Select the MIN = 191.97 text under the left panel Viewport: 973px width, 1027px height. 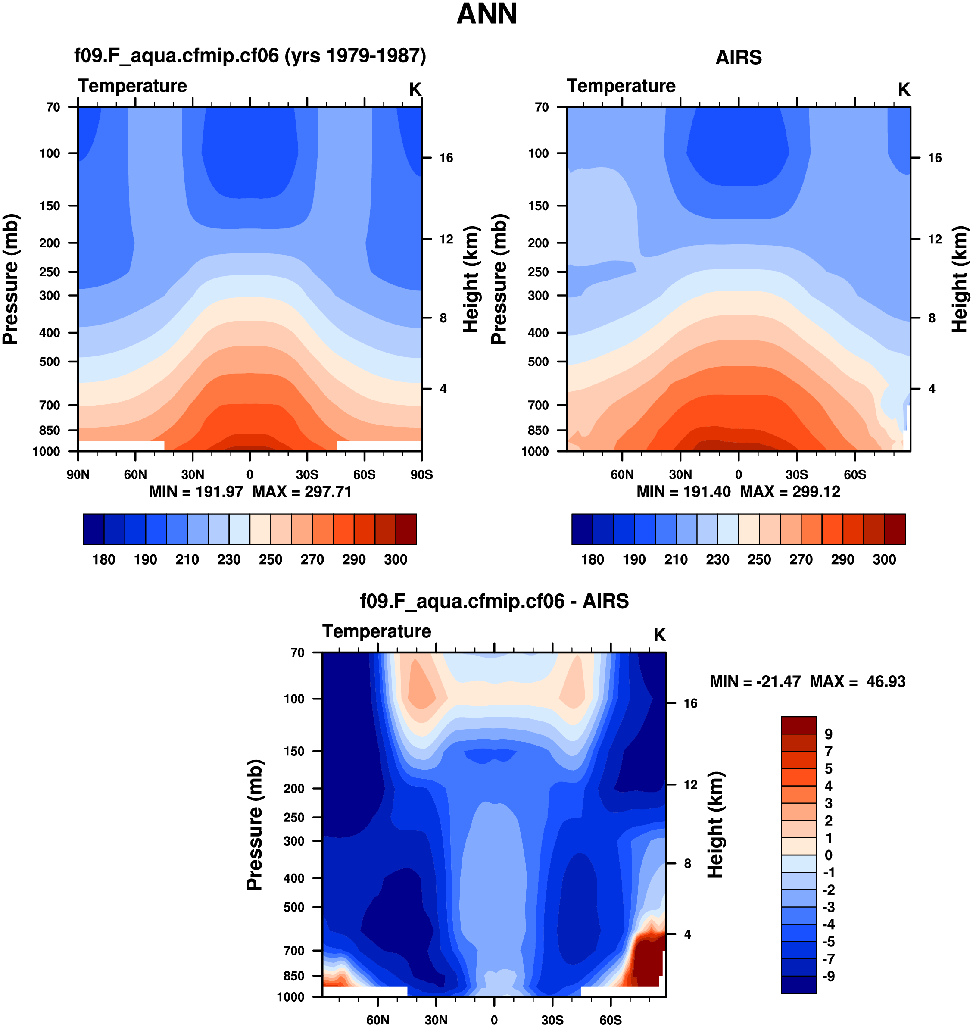196,492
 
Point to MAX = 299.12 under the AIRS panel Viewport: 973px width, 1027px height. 790,492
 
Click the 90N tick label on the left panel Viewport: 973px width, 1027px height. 78,474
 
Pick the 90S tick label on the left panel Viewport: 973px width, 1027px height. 421,474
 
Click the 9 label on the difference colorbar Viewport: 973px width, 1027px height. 828,734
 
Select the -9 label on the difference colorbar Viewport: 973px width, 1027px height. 828,976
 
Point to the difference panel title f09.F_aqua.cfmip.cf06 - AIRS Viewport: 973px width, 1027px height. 494,601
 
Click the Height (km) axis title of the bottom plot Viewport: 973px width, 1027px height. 715,825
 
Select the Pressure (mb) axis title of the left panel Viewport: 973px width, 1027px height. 11,279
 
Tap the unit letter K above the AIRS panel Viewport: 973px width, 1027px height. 904,90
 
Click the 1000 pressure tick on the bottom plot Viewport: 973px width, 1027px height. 290,997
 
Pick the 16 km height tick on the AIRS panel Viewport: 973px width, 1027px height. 935,158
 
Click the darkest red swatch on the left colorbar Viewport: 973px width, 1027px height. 406,530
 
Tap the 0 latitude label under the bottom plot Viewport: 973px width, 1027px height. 494,1020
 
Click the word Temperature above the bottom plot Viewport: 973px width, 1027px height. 377,631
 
